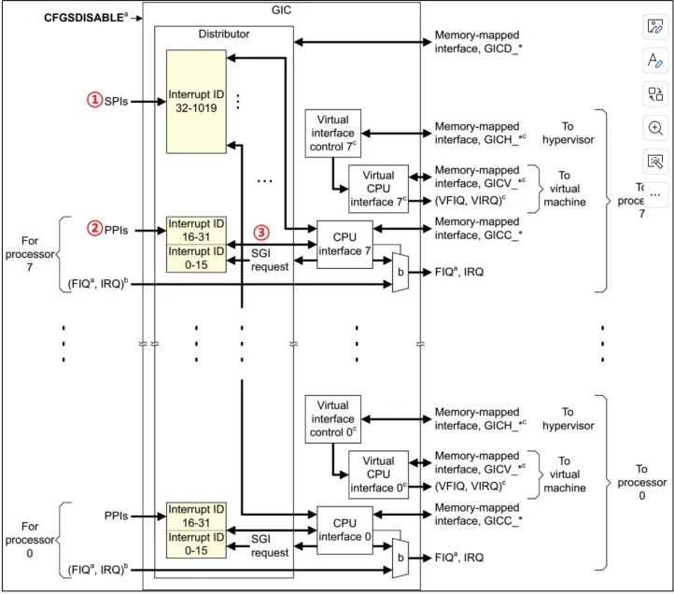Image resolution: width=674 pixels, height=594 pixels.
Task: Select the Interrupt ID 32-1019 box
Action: [196, 102]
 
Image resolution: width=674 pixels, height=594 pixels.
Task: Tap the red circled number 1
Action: [94, 100]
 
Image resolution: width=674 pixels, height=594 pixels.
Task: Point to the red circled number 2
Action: [94, 229]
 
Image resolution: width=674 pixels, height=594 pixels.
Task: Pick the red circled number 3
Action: [260, 233]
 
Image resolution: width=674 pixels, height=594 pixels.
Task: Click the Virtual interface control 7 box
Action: [332, 134]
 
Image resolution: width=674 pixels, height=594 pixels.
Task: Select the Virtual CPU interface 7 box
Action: [378, 189]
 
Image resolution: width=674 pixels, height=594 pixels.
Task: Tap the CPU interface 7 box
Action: [344, 245]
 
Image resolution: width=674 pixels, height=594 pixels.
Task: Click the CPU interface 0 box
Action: [344, 530]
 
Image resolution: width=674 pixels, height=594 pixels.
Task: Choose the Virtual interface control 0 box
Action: [332, 419]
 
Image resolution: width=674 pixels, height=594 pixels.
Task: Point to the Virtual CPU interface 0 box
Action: [378, 474]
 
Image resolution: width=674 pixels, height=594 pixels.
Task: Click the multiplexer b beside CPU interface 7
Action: [400, 273]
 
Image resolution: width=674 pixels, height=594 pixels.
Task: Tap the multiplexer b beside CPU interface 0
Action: [400, 558]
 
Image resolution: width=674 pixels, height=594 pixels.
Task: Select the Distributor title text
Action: [223, 34]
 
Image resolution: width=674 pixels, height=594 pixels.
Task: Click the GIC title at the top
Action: [281, 10]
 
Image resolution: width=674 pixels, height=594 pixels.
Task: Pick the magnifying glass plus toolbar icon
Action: [655, 128]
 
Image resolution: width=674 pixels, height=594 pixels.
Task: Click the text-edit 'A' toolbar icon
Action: [655, 60]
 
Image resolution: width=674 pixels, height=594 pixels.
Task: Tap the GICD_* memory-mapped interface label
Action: [478, 42]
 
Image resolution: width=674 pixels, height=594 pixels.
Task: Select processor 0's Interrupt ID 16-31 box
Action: [196, 516]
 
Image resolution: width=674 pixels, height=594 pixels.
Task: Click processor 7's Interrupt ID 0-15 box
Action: [196, 259]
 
